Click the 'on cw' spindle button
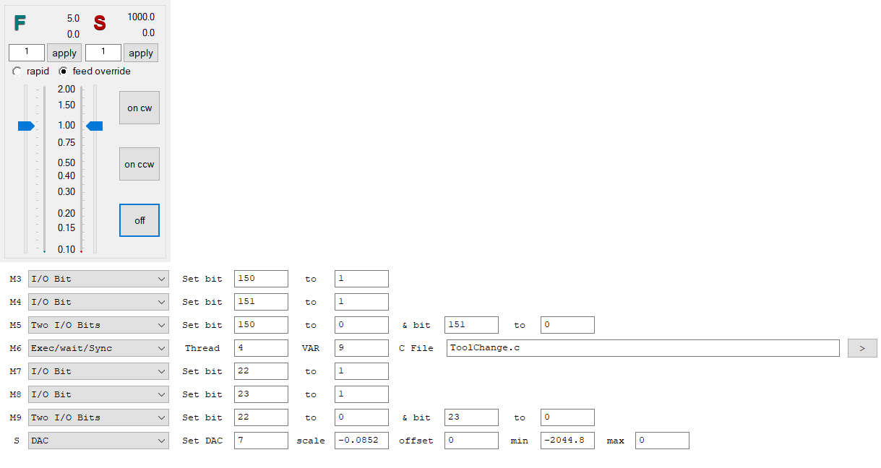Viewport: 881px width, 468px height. pos(139,108)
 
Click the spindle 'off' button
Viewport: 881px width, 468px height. pos(139,220)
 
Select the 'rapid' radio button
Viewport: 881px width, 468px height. pos(17,71)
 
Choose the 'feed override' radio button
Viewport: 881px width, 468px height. pos(64,71)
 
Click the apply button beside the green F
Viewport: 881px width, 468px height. pos(64,53)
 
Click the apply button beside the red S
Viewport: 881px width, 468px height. pos(141,53)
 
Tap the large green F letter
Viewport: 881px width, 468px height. pos(20,24)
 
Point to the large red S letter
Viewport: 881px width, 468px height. pos(100,24)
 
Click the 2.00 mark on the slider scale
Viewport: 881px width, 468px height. pos(66,90)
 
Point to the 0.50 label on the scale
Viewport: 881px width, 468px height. pos(66,162)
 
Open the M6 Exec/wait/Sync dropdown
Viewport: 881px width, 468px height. pos(98,348)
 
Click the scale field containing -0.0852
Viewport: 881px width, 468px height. pos(361,441)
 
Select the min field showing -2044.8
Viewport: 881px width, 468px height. pos(567,441)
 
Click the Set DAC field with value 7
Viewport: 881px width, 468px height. pos(261,441)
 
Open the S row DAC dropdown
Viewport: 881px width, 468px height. pos(98,441)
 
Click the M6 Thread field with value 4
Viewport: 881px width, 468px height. pos(261,348)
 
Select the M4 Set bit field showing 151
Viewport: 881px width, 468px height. pos(261,302)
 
